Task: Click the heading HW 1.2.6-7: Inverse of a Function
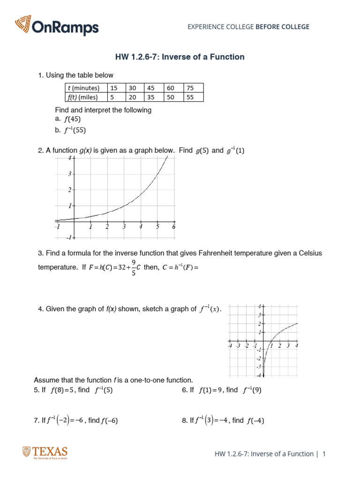(x=180, y=57)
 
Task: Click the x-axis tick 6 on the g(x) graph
(x=173, y=227)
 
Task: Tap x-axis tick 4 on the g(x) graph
(x=141, y=227)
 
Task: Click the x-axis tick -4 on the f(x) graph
(x=230, y=346)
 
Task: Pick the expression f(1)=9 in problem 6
(x=210, y=390)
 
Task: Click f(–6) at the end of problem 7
(x=109, y=420)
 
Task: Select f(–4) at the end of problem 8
(x=256, y=420)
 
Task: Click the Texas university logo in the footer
(x=45, y=453)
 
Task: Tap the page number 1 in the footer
(x=323, y=454)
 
